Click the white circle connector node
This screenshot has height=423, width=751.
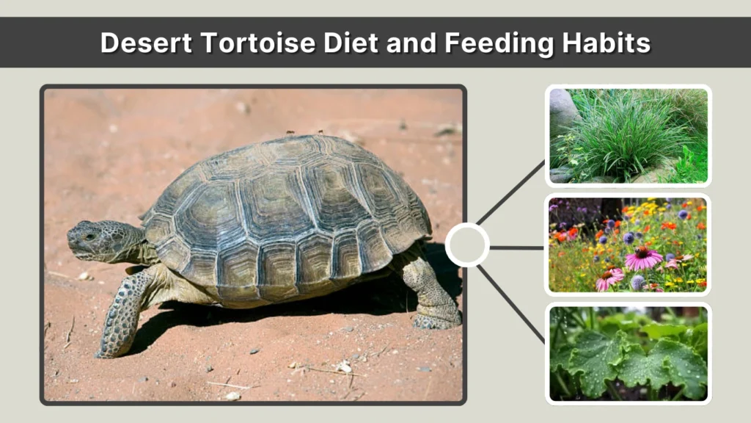[467, 245]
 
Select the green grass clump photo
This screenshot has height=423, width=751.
[628, 136]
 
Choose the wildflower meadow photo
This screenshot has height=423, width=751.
[628, 245]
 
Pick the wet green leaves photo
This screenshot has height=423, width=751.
[628, 353]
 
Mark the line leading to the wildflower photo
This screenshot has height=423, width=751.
[516, 247]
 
